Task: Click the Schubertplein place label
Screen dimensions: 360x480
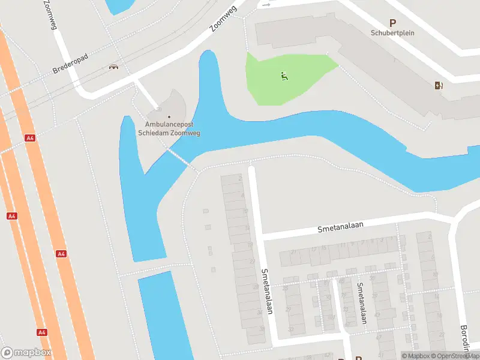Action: [x=393, y=33]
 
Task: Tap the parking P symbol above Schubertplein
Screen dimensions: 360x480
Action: [x=393, y=23]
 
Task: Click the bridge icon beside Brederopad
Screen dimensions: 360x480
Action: [x=112, y=67]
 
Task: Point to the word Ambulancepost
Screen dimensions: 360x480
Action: [x=169, y=125]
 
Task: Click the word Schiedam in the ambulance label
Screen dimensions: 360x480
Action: [x=153, y=133]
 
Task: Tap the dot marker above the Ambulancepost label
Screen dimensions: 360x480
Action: [x=169, y=116]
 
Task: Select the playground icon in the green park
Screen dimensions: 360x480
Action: [x=284, y=76]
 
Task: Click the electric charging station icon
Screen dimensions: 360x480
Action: [x=439, y=85]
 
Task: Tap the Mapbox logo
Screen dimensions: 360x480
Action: [x=26, y=353]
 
